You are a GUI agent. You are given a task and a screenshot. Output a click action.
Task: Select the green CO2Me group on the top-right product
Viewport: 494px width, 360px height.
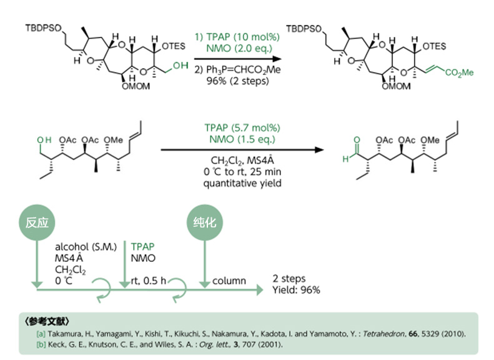[459, 74]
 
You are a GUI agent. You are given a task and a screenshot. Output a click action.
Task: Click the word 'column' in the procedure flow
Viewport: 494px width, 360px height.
[227, 281]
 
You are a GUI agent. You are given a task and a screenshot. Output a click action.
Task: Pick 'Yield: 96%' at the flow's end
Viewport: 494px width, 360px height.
[297, 291]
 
